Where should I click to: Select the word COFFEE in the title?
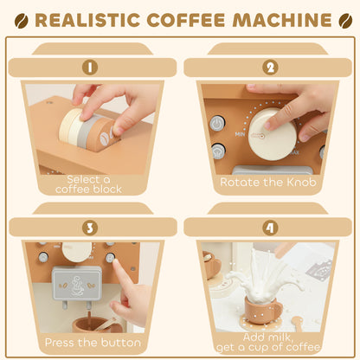click(x=186, y=19)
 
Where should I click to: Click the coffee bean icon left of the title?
click(x=22, y=19)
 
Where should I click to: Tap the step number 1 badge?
click(x=90, y=67)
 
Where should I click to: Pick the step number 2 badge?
click(x=269, y=67)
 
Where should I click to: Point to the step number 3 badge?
click(x=90, y=228)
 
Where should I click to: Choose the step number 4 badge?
click(x=269, y=228)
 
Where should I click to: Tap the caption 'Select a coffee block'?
click(x=90, y=183)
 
